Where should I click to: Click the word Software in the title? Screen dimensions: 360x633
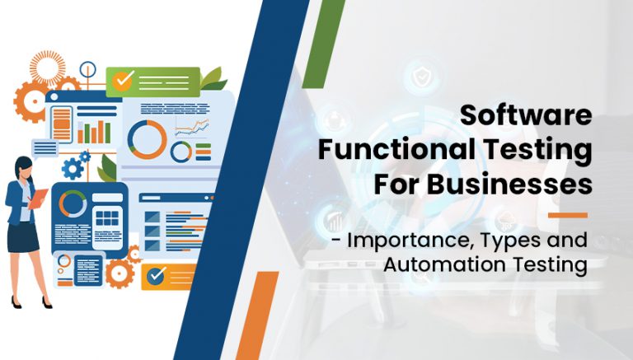pos(525,116)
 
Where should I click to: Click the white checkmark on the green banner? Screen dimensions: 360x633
pos(124,81)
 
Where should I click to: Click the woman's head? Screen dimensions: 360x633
pos(22,167)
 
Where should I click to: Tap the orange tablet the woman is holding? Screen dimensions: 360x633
pos(38,199)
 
